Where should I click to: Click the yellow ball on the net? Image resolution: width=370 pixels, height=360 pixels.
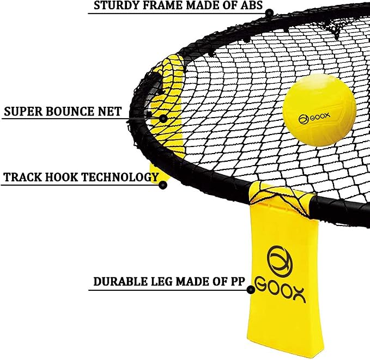coord(319,109)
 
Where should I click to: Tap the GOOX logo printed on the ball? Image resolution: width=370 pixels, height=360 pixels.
coord(314,118)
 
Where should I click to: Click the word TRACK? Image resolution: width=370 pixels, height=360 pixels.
coord(22,177)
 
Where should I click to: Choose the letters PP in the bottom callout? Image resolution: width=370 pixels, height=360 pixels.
coord(237,282)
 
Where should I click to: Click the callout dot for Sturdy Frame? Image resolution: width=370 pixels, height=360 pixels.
coord(269,13)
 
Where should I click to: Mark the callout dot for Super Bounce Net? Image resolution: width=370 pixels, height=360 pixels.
coord(163,118)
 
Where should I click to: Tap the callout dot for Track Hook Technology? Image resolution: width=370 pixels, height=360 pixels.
coord(163,185)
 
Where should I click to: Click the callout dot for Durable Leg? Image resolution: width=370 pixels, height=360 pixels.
coord(251,290)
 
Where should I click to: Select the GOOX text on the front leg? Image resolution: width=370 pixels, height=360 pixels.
coord(281,290)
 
